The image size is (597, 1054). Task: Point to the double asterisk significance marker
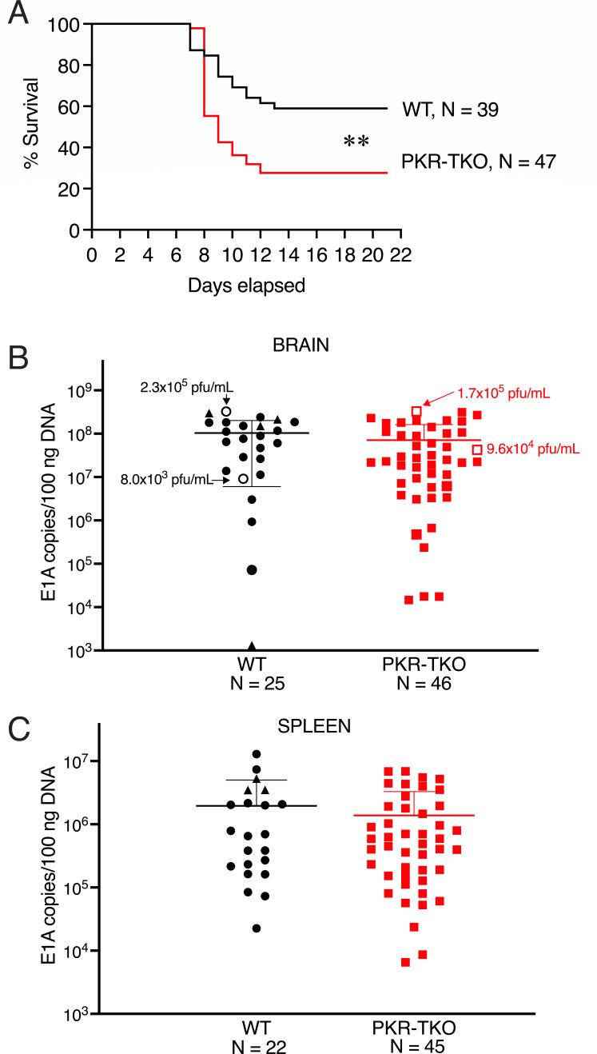pos(356,142)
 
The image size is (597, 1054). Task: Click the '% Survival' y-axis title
pos(32,127)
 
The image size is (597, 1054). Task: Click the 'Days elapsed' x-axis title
pos(247,285)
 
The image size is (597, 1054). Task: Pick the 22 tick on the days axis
pos(400,254)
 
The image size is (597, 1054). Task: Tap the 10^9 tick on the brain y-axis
pos(81,391)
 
